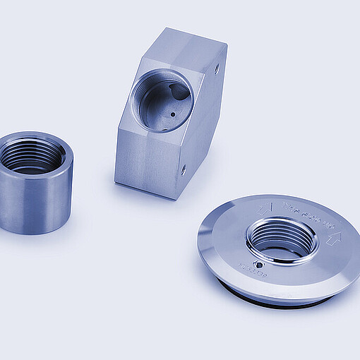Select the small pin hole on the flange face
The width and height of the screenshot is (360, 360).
(260, 265)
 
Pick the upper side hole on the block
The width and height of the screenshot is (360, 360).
(215, 68)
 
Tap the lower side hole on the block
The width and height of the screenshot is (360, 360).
(184, 169)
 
